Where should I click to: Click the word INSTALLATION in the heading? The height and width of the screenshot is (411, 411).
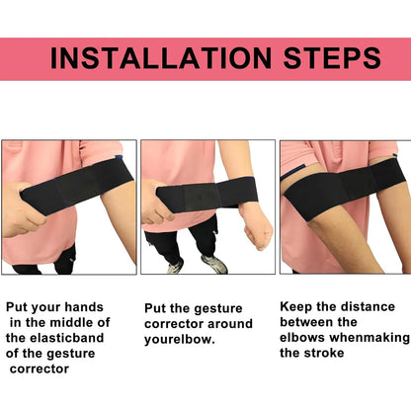[x=157, y=56]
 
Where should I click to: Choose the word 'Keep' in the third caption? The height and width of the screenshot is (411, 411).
[x=297, y=306]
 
